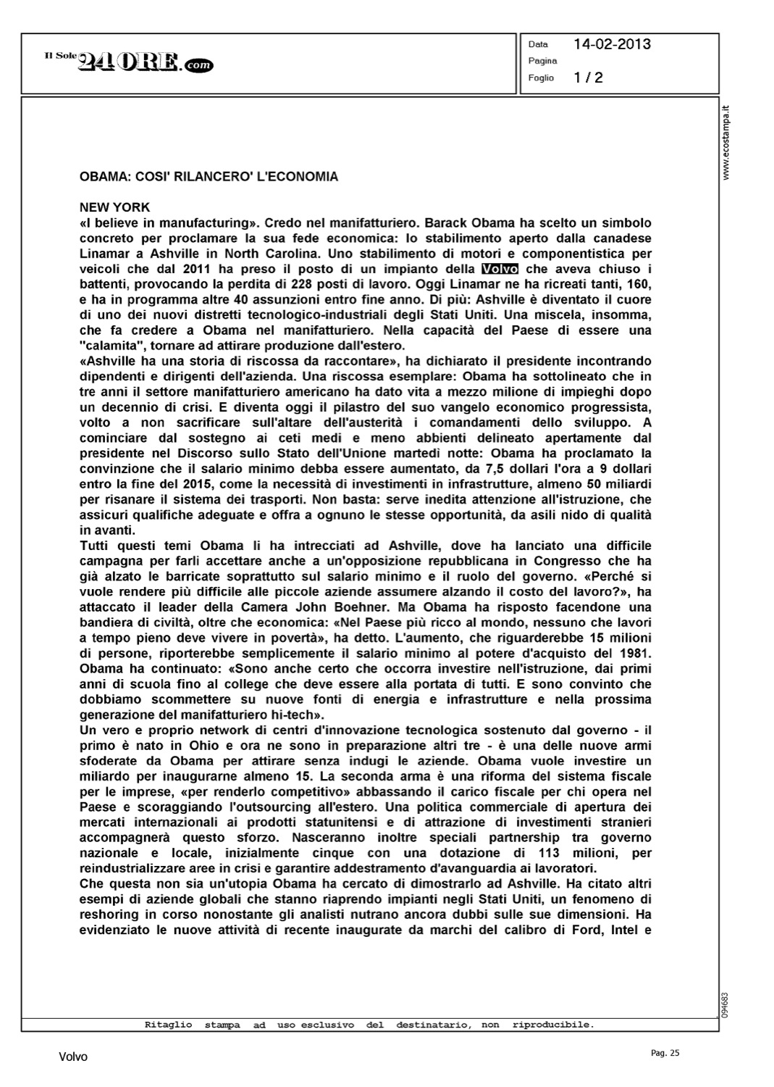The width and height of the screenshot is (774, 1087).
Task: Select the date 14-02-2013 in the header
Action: (x=612, y=44)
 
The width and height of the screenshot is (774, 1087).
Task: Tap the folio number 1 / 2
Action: (x=588, y=78)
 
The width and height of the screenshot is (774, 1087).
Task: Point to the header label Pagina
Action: (x=543, y=61)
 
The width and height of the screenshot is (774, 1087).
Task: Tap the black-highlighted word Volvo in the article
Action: (x=500, y=269)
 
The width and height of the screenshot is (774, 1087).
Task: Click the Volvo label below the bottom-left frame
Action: (x=73, y=1057)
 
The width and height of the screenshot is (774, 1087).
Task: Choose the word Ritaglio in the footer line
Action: (x=169, y=1025)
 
